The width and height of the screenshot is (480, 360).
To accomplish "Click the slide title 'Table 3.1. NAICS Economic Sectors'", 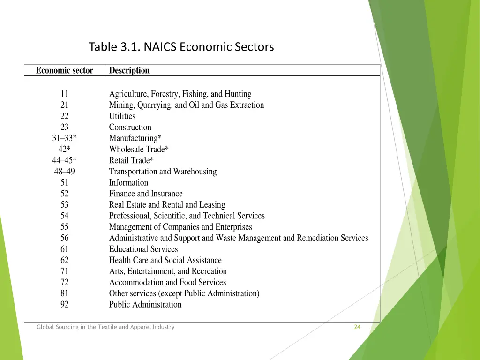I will pyautogui.click(x=181, y=47).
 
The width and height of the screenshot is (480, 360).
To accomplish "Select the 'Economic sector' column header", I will pyautogui.click(x=65, y=71).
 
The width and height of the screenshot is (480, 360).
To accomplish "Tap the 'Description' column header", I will pyautogui.click(x=129, y=71).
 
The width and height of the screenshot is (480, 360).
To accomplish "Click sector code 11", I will pyautogui.click(x=65, y=94).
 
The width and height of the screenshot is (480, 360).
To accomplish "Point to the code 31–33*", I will pyautogui.click(x=65, y=138).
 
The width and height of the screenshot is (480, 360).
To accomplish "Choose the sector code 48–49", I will pyautogui.click(x=65, y=172).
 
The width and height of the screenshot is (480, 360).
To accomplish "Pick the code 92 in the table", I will pyautogui.click(x=65, y=305).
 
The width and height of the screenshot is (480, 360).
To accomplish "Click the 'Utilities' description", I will pyautogui.click(x=122, y=116).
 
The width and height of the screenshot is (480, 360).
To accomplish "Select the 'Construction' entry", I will pyautogui.click(x=130, y=127).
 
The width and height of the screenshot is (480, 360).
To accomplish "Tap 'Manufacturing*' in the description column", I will pyautogui.click(x=135, y=138).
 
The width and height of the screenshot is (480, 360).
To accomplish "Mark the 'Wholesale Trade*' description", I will pyautogui.click(x=139, y=150).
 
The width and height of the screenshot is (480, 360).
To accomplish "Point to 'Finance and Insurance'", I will pyautogui.click(x=146, y=194).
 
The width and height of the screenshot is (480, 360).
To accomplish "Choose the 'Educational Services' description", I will pyautogui.click(x=143, y=249).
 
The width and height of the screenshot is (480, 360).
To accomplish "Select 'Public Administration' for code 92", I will pyautogui.click(x=145, y=305).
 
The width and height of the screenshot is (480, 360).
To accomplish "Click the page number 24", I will pyautogui.click(x=357, y=327).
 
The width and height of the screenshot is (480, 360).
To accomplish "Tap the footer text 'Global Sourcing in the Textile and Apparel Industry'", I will pyautogui.click(x=105, y=327).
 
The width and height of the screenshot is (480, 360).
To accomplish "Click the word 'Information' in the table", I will pyautogui.click(x=128, y=183).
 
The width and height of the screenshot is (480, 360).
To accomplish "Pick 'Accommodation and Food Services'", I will pyautogui.click(x=167, y=283).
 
